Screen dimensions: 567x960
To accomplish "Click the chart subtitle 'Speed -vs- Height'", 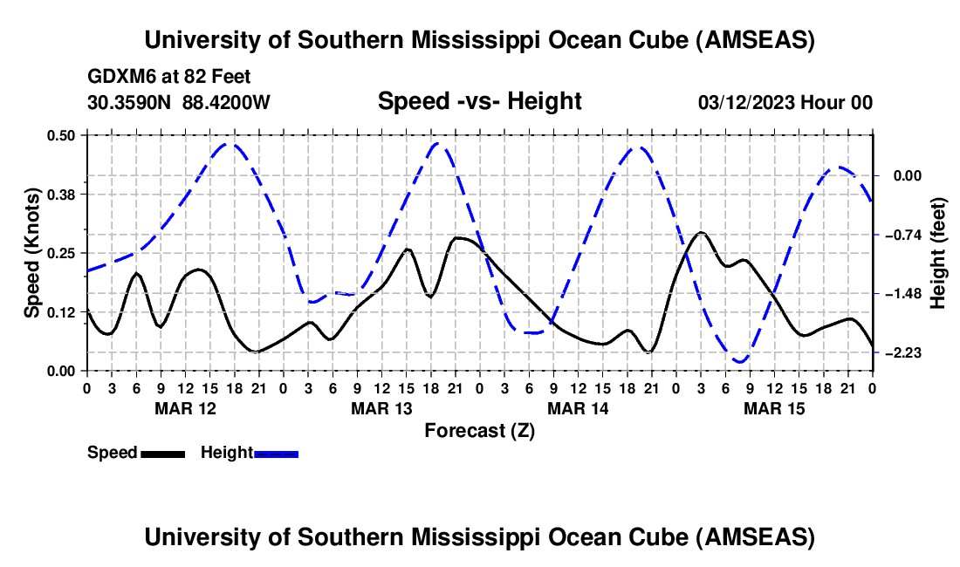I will pyautogui.click(x=479, y=101).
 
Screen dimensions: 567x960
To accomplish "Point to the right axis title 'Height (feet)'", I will pyautogui.click(x=938, y=252).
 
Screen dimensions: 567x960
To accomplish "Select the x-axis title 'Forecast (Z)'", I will pyautogui.click(x=479, y=430).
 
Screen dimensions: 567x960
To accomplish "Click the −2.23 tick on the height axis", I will pyautogui.click(x=902, y=352).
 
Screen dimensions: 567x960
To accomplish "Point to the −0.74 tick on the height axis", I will pyautogui.click(x=902, y=235).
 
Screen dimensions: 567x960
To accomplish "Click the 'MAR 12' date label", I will pyautogui.click(x=184, y=408).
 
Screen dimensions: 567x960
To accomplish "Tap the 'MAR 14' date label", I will pyautogui.click(x=577, y=408).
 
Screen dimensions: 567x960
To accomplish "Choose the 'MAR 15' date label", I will pyautogui.click(x=773, y=408).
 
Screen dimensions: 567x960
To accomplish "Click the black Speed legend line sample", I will pyautogui.click(x=162, y=454).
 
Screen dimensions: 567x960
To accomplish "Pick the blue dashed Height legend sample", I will pyautogui.click(x=276, y=454).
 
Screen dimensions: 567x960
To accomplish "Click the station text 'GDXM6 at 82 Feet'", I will pyautogui.click(x=169, y=77).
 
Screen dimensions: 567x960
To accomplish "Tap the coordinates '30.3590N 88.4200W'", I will pyautogui.click(x=179, y=102).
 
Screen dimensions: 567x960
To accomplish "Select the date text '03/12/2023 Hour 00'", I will pyautogui.click(x=785, y=102).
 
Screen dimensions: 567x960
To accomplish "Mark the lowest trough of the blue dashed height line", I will pyautogui.click(x=740, y=361).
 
